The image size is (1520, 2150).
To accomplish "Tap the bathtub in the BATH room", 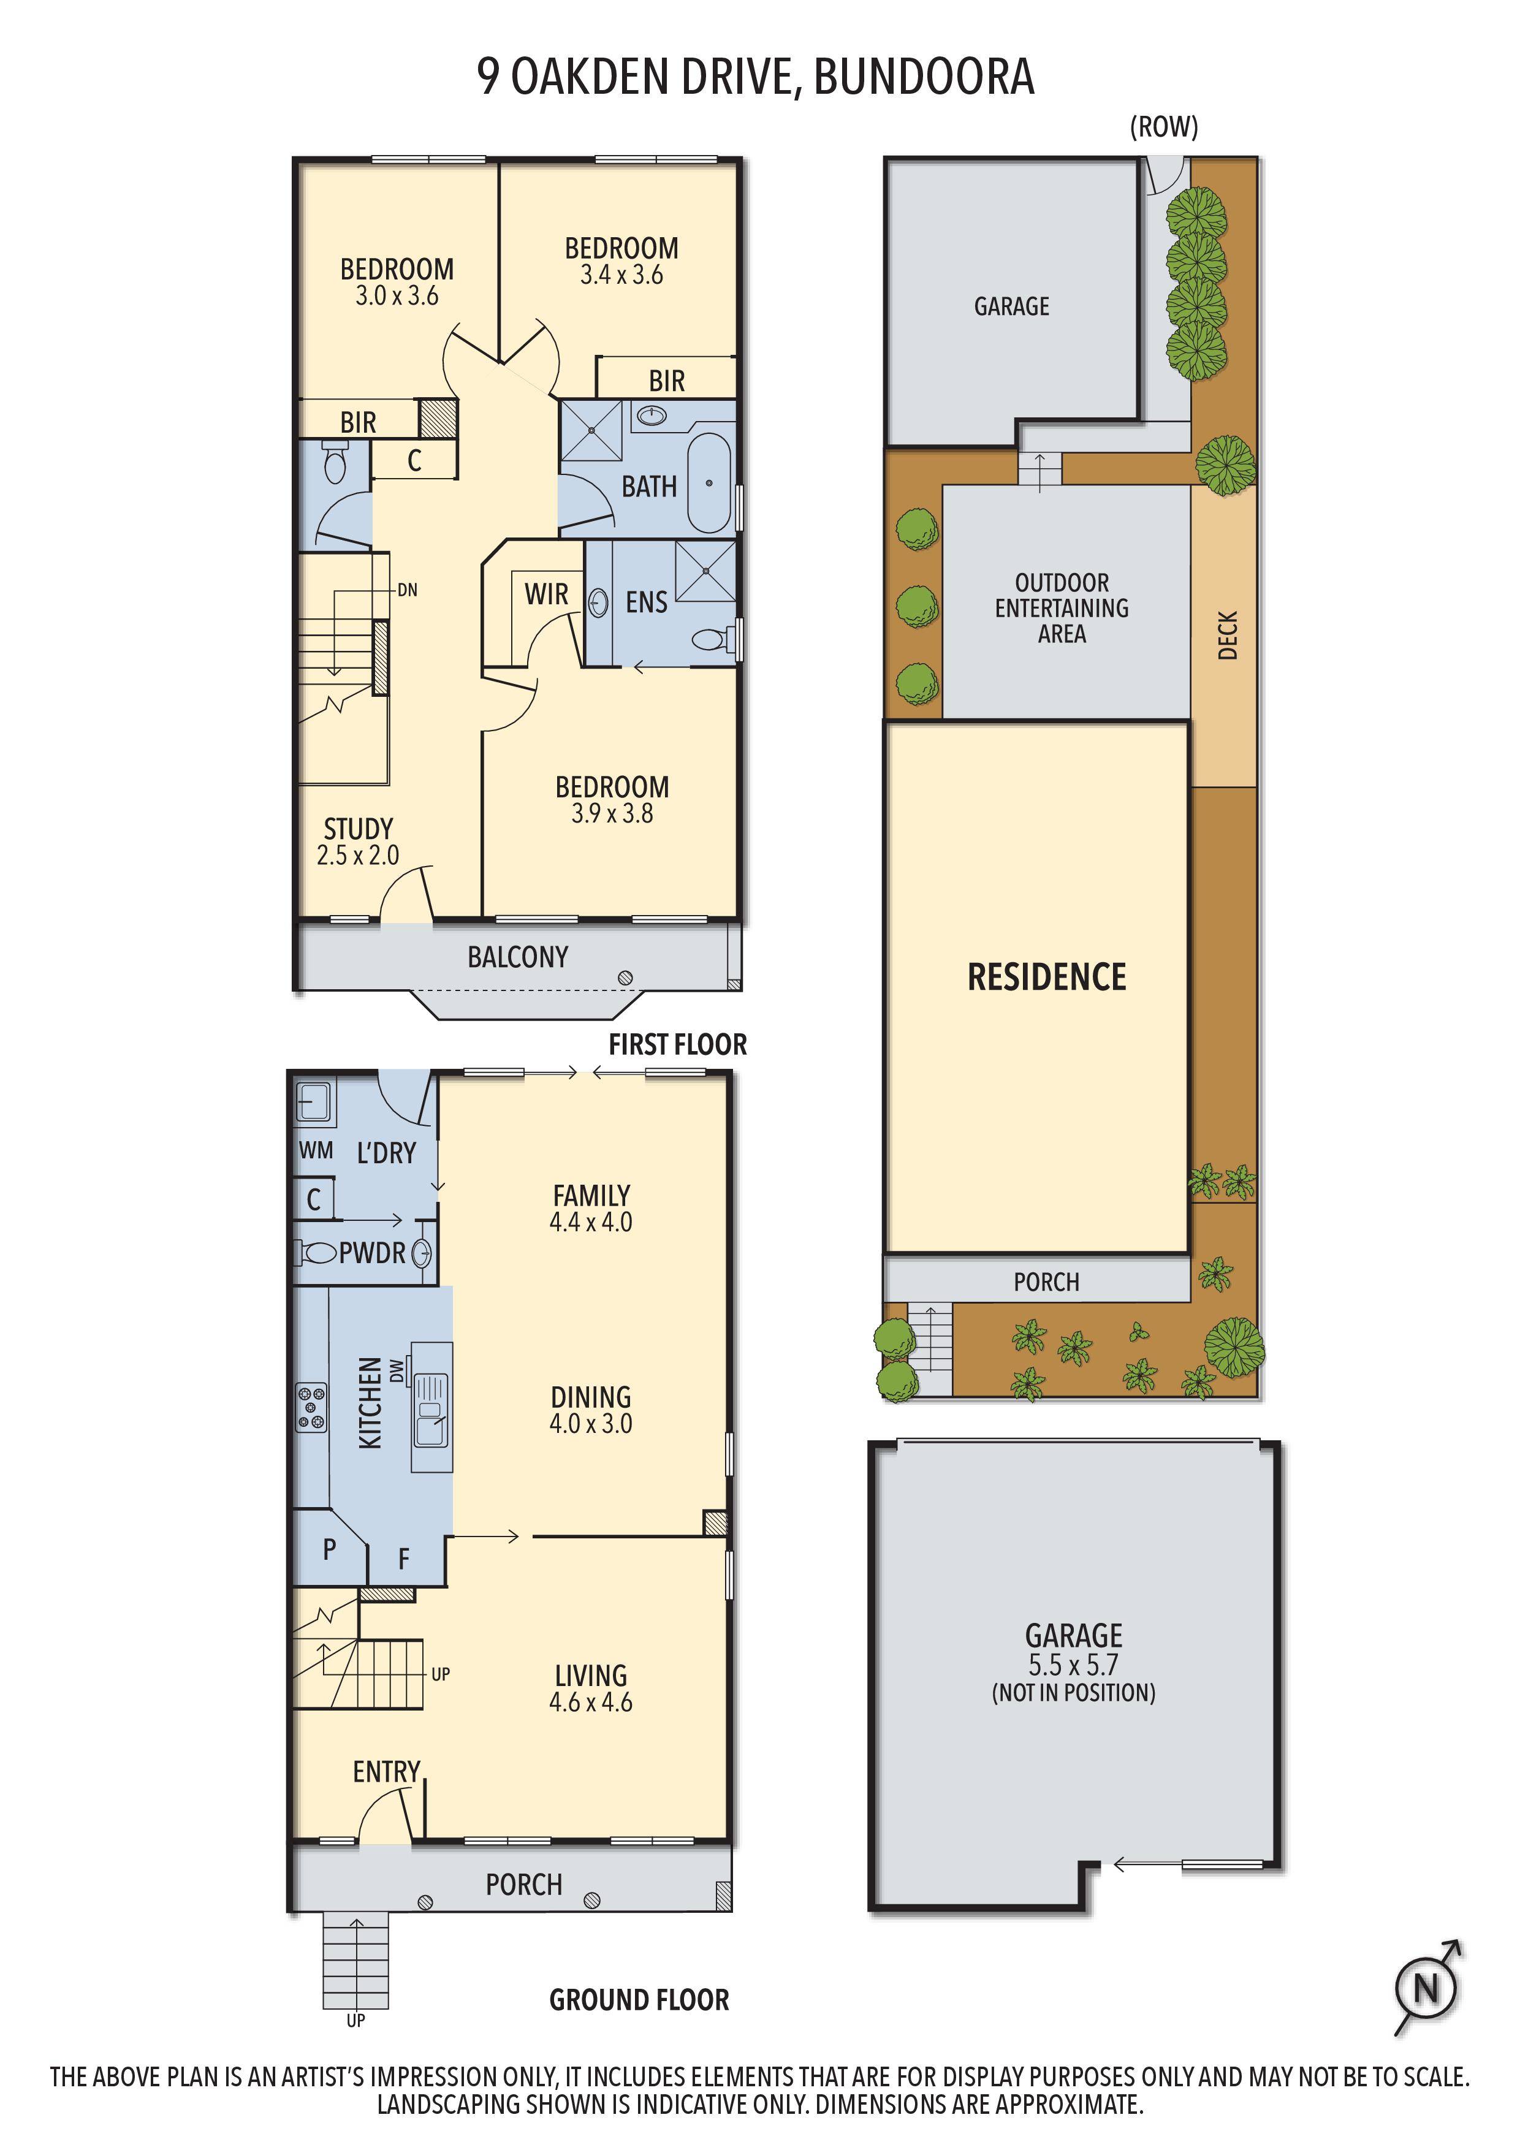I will (709, 483).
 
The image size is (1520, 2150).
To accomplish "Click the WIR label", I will (546, 594).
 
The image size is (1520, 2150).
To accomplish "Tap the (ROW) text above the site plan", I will (1163, 126).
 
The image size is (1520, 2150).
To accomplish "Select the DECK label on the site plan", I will (1228, 635).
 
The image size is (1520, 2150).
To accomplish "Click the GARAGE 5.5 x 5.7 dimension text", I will (1073, 1665).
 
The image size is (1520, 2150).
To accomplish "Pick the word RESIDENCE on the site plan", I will (1046, 977).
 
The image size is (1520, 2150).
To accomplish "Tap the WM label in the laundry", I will (316, 1150).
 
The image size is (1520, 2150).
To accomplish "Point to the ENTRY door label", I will (386, 1772).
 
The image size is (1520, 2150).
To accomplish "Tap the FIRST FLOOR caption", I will (677, 1044).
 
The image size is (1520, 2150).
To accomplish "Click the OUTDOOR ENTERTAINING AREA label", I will (1061, 608).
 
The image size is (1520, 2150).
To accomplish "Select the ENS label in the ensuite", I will (646, 602).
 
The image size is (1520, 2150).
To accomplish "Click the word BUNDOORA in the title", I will (924, 77).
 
